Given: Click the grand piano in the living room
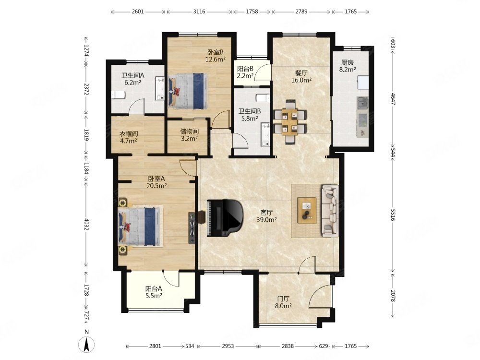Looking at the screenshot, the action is [x=225, y=217].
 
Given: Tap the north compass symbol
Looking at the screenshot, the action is [x=86, y=345].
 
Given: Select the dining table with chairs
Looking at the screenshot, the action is [x=289, y=121].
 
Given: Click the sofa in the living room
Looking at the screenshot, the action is [x=330, y=210].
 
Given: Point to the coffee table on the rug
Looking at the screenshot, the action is [x=307, y=210].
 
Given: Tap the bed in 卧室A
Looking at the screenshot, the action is [x=140, y=227].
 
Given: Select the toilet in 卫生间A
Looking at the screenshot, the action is [x=118, y=95].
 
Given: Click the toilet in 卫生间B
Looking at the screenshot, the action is [x=263, y=98].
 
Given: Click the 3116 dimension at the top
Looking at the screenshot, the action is [x=199, y=12].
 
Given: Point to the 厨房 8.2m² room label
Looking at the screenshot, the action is [x=348, y=66].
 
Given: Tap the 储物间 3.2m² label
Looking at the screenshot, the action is [x=189, y=135].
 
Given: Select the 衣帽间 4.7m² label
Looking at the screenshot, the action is [x=128, y=137].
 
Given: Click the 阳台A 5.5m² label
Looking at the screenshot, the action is [x=154, y=292].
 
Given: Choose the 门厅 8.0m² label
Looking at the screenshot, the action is [x=283, y=302].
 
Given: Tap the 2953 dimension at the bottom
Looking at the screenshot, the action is [x=228, y=346].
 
